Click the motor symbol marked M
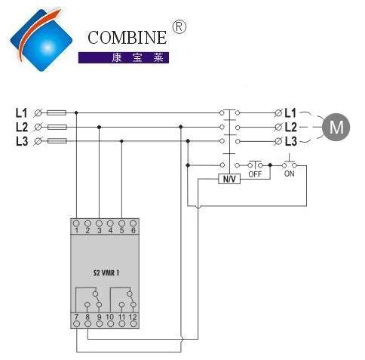click(336, 127)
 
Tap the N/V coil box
click(229, 179)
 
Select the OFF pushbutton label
click(255, 174)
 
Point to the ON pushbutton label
click(289, 174)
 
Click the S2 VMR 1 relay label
click(106, 272)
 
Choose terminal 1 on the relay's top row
click(76, 223)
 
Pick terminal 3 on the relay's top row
click(99, 223)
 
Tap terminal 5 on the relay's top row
click(122, 223)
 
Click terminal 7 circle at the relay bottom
click(76, 324)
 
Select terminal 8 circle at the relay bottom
click(87, 324)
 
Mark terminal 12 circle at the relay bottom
click(133, 324)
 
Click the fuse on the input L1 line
click(57, 112)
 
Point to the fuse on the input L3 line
click(57, 141)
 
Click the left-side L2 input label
click(22, 127)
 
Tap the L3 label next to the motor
click(291, 141)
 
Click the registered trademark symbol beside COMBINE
click(179, 27)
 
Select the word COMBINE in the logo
click(127, 38)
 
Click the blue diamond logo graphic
click(41, 40)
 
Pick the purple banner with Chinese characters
click(124, 57)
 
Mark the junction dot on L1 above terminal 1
click(76, 112)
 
